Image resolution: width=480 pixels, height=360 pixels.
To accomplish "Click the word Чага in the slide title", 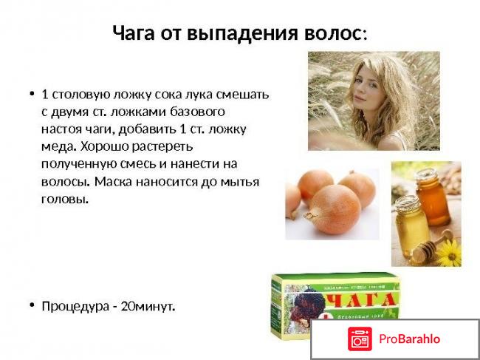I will (x=134, y=33).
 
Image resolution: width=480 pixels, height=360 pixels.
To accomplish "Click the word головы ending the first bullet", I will (x=64, y=198).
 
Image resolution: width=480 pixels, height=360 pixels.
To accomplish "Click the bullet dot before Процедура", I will (x=32, y=305).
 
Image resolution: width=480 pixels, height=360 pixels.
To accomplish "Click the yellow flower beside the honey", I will (x=448, y=254).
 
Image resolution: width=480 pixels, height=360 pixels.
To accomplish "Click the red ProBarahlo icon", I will (x=360, y=339).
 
